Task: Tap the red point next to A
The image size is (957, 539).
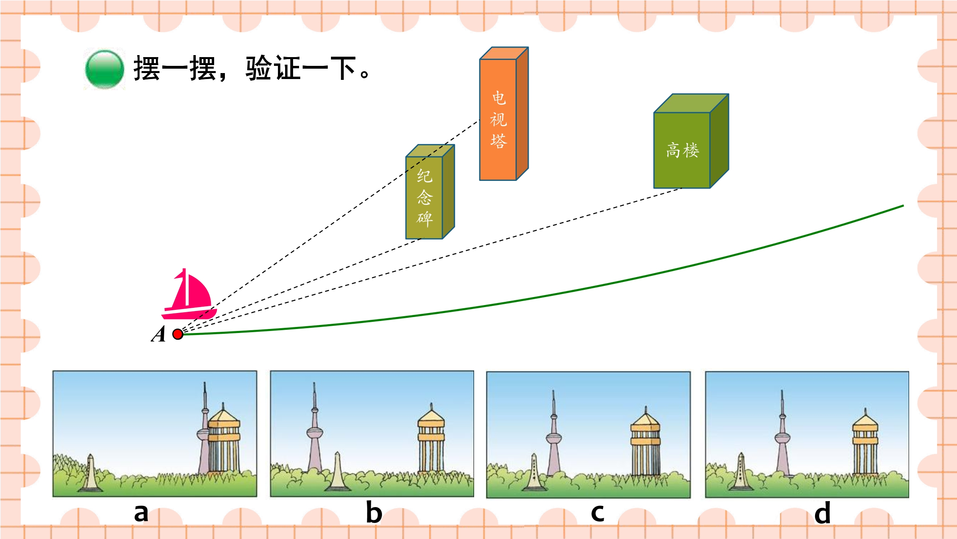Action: point(178,334)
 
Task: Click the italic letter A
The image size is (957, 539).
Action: point(159,334)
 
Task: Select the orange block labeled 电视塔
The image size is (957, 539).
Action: point(504,114)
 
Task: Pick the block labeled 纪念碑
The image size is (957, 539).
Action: point(430,192)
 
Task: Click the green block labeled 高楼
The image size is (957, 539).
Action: point(691,141)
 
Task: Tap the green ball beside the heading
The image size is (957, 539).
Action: point(104,69)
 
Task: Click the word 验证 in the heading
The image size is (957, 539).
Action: point(273,69)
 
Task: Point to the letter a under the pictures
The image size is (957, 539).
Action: point(141,513)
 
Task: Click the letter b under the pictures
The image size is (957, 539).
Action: point(374,512)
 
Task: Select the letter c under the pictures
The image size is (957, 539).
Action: point(597,513)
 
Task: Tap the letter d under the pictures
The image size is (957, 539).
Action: point(822,512)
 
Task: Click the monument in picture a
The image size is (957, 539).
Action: point(91,473)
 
